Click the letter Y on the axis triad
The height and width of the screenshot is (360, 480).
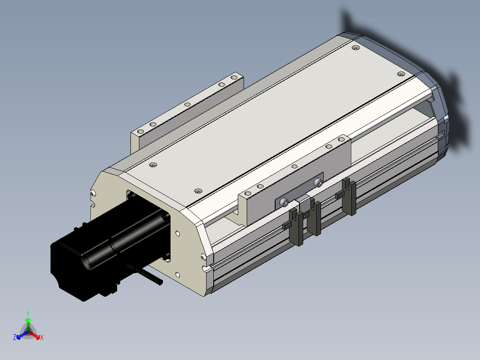tap(28, 313)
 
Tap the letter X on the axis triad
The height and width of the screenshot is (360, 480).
tap(42, 337)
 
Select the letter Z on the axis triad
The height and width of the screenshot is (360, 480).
tap(14, 337)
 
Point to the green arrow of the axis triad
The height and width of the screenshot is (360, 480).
tap(28, 324)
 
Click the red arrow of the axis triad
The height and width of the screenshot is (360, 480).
tap(35, 335)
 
